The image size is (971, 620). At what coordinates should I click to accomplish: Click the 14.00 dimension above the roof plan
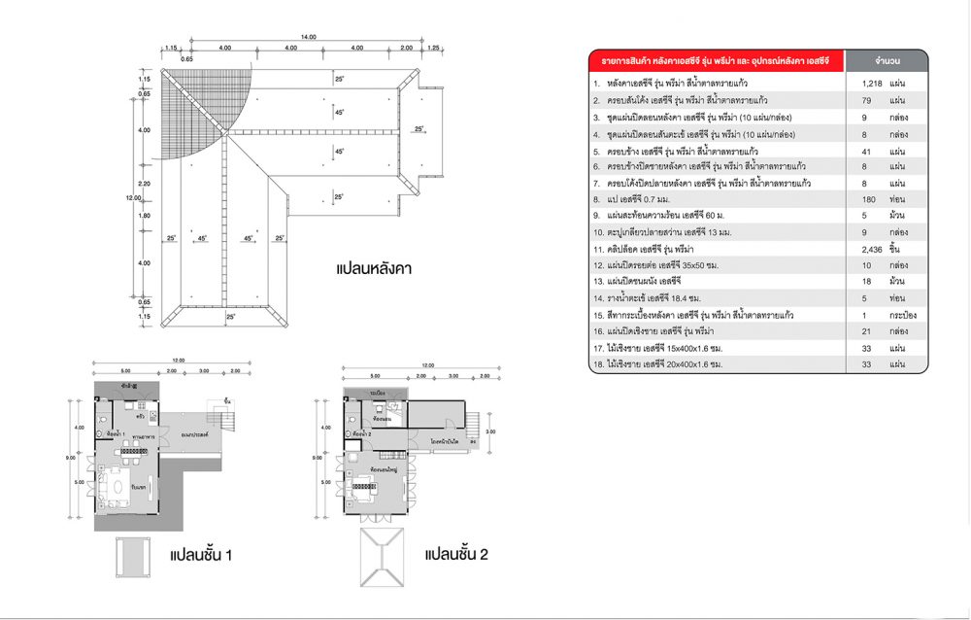pyautogui.click(x=308, y=37)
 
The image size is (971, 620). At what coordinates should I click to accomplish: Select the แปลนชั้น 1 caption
pyautogui.click(x=199, y=556)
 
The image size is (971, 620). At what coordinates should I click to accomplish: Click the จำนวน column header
pyautogui.click(x=887, y=59)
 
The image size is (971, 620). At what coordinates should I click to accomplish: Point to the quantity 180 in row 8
pyautogui.click(x=870, y=199)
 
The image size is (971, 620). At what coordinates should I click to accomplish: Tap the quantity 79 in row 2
pyautogui.click(x=870, y=100)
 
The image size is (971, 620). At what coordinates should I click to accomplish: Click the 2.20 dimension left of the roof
pyautogui.click(x=146, y=184)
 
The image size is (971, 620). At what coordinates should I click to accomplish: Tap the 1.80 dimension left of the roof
pyautogui.click(x=146, y=216)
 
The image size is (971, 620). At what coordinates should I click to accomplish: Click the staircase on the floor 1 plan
pyautogui.click(x=228, y=420)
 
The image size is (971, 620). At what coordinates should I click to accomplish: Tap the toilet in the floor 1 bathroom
pyautogui.click(x=103, y=420)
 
